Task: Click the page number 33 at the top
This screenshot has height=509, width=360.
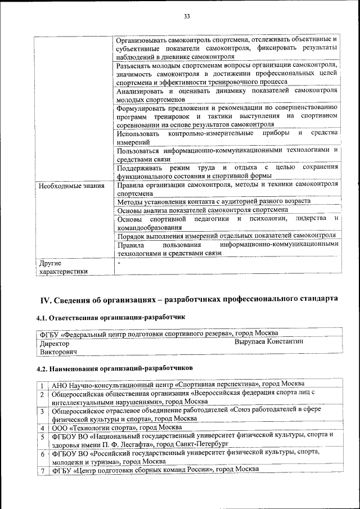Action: point(186,16)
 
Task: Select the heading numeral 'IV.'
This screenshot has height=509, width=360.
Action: point(46,298)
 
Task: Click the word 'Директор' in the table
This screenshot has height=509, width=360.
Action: point(55,342)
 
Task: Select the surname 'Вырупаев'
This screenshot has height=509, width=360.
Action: point(254,341)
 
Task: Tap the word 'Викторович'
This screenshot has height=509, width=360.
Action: point(58,352)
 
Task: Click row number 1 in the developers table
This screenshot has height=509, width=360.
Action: point(42,385)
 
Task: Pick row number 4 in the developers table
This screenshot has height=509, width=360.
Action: point(42,428)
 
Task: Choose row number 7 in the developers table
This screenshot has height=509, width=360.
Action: point(42,470)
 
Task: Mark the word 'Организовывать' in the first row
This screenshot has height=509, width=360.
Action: point(145,39)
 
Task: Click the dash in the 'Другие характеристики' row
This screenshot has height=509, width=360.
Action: point(119,263)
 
